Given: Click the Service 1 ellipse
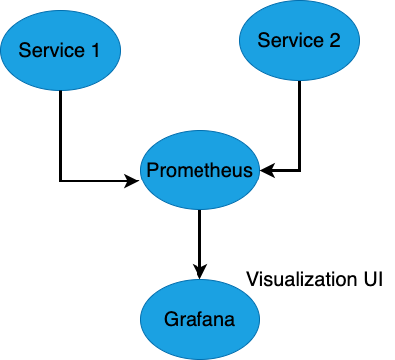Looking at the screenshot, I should (61, 50).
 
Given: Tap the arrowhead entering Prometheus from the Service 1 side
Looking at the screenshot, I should (134, 180).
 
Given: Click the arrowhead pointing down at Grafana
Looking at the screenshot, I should (200, 272).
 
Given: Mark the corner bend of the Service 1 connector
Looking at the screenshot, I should (61, 180).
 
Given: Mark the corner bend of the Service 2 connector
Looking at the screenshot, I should (299, 170).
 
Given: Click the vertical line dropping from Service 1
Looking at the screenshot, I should (61, 135).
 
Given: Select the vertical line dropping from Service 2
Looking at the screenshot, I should (299, 125).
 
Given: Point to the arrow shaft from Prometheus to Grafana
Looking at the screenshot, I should (200, 239).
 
